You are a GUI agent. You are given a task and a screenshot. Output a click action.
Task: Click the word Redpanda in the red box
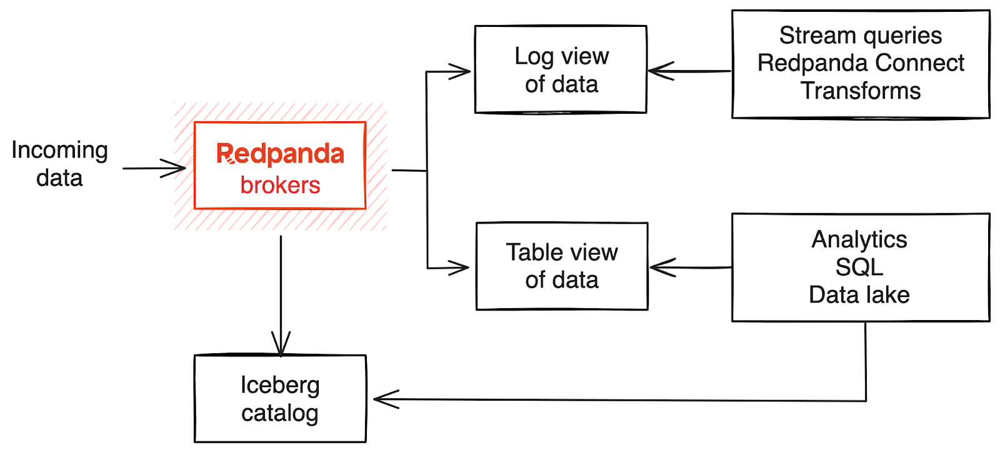280,154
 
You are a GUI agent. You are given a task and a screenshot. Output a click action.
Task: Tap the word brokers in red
280,185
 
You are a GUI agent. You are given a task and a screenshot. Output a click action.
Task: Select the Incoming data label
59,164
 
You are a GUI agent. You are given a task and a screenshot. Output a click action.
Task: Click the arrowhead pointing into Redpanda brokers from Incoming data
177,168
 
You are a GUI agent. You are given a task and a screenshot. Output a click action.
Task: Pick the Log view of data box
561,69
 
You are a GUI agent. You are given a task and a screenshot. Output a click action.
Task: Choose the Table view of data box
561,266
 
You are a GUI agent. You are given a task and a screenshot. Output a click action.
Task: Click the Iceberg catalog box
280,399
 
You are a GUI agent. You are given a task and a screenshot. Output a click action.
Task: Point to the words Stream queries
860,36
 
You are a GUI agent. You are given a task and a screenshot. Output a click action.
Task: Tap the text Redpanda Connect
860,63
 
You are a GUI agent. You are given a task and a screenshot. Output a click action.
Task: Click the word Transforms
860,91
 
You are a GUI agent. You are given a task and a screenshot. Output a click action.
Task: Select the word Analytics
859,239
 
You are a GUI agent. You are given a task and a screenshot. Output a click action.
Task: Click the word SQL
859,267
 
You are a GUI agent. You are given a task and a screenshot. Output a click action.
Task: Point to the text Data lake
859,294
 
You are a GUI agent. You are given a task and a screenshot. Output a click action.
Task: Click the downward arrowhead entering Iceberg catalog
281,347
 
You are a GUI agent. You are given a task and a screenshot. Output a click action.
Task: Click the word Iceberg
280,385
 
